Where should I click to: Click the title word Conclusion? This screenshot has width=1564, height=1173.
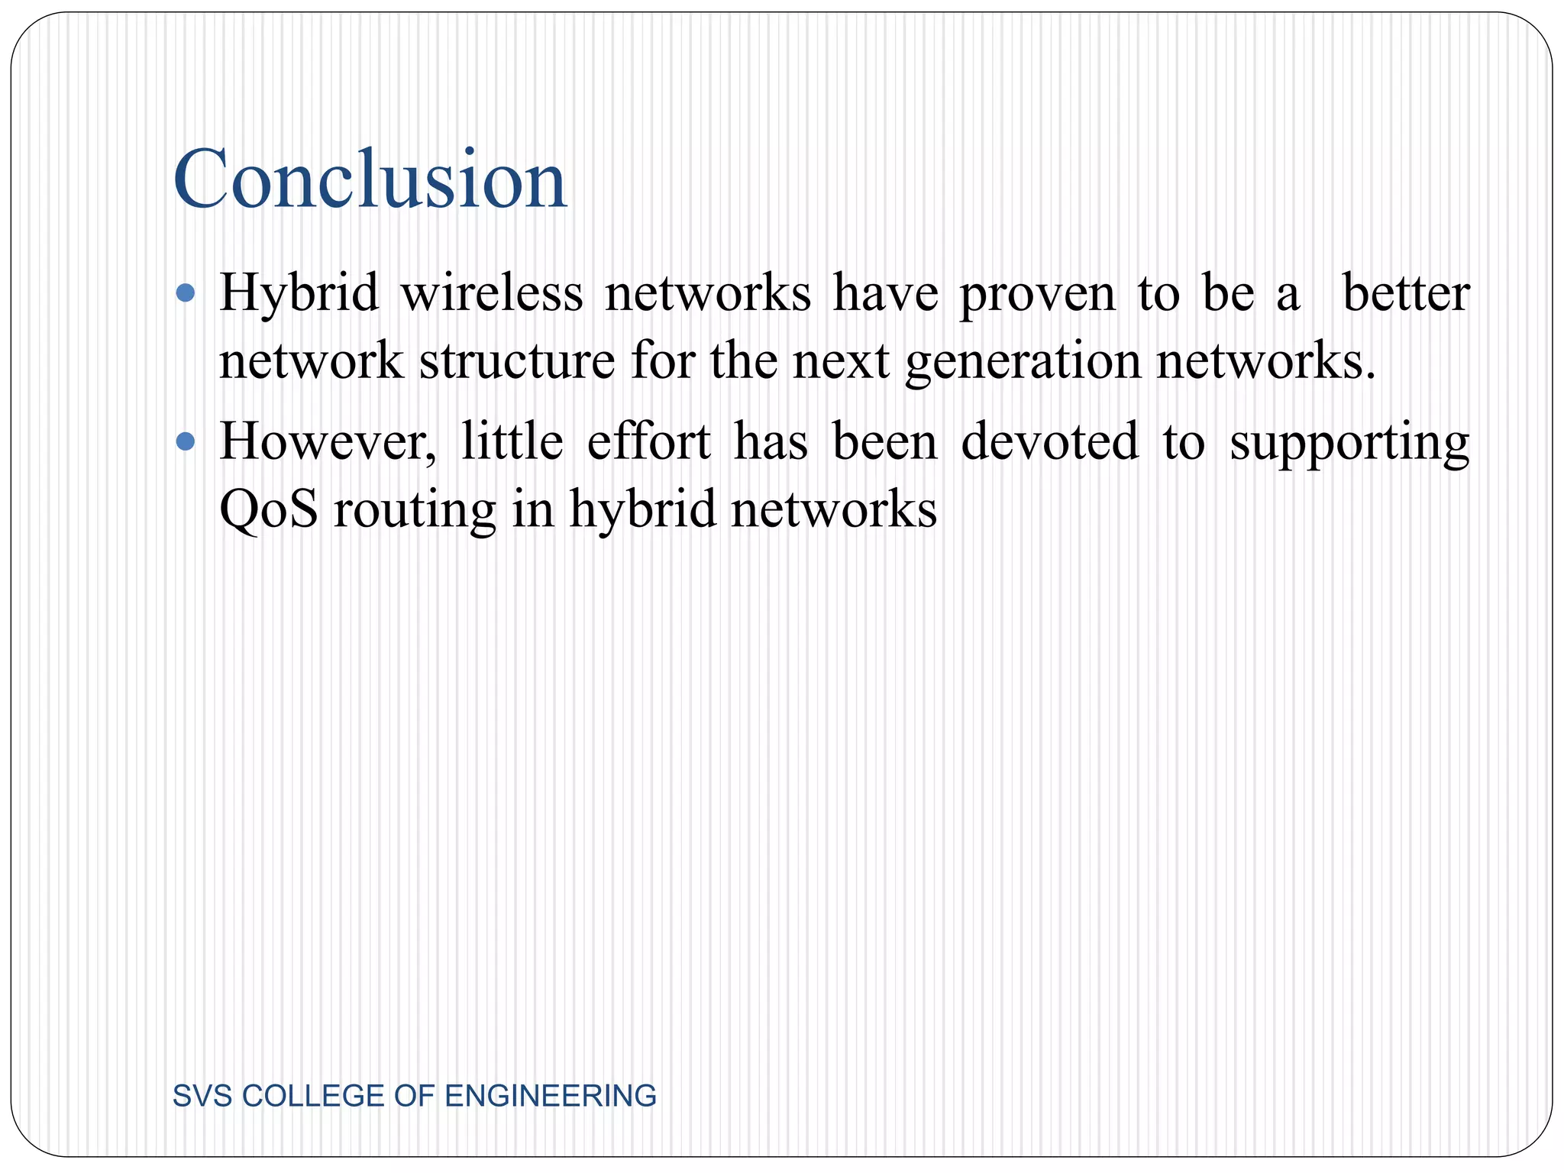pos(370,179)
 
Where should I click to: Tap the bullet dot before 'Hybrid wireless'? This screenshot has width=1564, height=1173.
pos(185,293)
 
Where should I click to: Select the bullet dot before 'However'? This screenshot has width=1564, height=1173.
pos(185,441)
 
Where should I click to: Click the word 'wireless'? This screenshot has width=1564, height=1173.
pos(492,293)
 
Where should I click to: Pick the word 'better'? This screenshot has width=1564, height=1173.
pos(1405,293)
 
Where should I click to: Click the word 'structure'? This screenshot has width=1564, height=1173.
pos(517,360)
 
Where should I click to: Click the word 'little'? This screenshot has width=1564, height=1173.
pos(512,441)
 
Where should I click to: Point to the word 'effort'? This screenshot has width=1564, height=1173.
pos(648,441)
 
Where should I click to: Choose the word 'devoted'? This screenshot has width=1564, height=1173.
pos(1049,441)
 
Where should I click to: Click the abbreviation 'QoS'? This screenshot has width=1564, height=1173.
pos(268,509)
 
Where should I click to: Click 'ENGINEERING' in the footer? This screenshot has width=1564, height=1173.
pos(550,1096)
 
